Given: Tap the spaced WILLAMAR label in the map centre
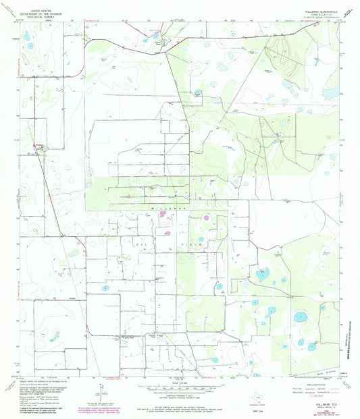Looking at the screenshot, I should tap(168, 210).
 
